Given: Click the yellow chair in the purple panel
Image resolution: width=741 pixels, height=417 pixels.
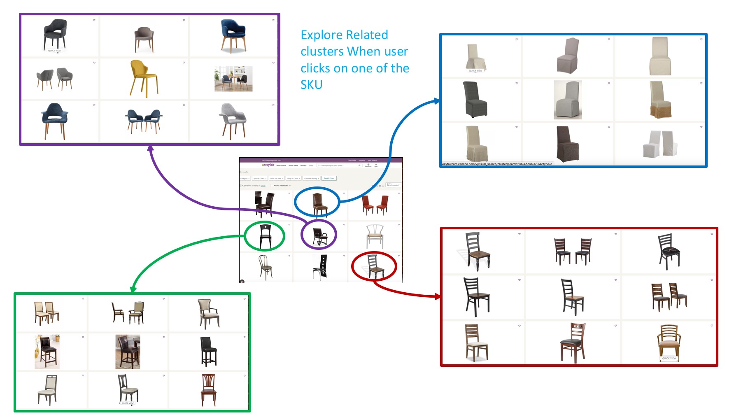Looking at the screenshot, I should [144, 78].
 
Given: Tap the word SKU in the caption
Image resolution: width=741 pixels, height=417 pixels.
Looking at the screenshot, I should [311, 85].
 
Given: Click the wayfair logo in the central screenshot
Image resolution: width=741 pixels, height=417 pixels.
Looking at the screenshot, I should [268, 165].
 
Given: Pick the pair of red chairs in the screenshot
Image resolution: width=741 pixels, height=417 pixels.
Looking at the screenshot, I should [375, 205].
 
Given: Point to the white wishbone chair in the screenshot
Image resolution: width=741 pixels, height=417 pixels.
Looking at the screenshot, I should [375, 236].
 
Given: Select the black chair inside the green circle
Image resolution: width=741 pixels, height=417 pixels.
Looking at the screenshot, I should [265, 236].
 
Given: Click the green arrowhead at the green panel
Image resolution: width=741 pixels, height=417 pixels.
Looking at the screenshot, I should [133, 290].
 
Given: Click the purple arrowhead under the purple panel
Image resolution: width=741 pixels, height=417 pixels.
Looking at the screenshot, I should [151, 148].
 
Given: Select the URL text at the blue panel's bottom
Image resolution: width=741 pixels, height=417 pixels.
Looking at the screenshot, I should [497, 164].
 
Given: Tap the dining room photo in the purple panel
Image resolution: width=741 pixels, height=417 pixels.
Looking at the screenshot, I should [233, 79].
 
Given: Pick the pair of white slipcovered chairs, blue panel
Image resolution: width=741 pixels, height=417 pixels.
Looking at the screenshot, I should [660, 144].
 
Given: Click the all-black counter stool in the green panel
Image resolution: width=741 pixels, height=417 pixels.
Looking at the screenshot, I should [208, 351].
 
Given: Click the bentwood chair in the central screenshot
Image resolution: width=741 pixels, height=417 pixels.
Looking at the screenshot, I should [265, 267].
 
